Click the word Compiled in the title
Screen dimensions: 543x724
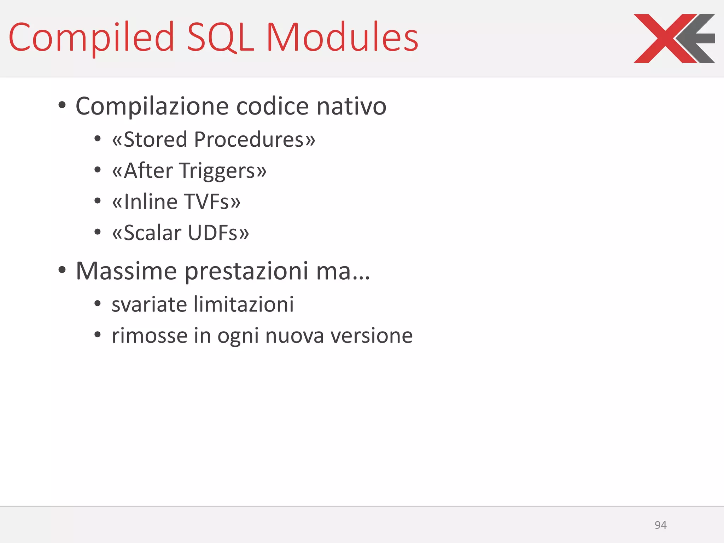(91, 37)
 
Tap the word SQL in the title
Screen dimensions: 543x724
(220, 37)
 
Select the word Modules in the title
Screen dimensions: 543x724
(342, 37)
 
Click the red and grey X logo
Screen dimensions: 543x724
(674, 38)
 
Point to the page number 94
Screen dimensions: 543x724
(660, 525)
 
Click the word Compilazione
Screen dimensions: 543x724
(152, 106)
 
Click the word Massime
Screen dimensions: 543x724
(126, 271)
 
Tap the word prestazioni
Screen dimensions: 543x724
(246, 271)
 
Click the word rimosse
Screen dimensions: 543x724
(150, 335)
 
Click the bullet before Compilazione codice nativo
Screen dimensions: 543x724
(62, 105)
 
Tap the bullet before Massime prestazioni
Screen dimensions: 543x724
(62, 270)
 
